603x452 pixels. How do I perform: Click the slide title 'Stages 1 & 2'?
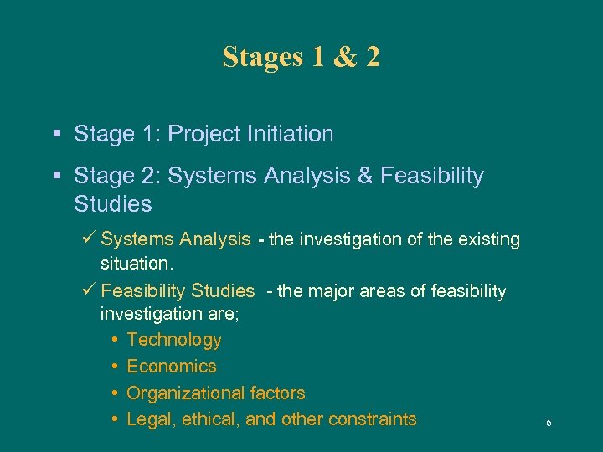click(x=301, y=57)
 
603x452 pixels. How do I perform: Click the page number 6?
click(x=549, y=424)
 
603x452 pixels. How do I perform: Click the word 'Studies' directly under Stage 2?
click(x=113, y=203)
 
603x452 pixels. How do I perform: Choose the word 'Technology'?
click(x=174, y=340)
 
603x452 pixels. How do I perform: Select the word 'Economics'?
click(x=171, y=367)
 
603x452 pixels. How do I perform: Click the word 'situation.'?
click(x=136, y=264)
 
